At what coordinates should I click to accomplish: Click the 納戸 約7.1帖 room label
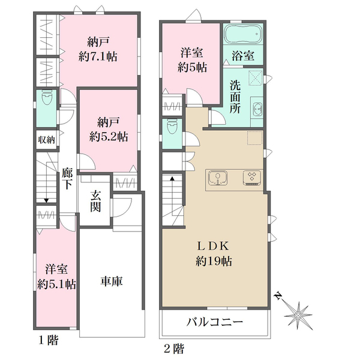[98, 49]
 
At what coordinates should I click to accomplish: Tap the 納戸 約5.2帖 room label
[109, 130]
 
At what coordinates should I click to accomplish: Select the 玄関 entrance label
[95, 201]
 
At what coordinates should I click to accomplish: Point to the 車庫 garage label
[112, 281]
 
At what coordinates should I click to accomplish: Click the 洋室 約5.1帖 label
[56, 277]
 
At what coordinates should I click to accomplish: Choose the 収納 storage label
[47, 140]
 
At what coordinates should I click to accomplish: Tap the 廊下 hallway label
[67, 179]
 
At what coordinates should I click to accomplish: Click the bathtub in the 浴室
[243, 34]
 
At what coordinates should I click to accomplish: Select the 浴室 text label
[243, 56]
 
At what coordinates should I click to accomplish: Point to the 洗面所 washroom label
[235, 97]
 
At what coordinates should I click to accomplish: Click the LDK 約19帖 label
[214, 253]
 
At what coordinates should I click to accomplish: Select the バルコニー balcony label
[214, 322]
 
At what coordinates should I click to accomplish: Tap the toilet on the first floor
[47, 98]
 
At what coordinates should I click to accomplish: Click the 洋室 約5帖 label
[192, 60]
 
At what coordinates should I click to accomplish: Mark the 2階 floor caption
[174, 349]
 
